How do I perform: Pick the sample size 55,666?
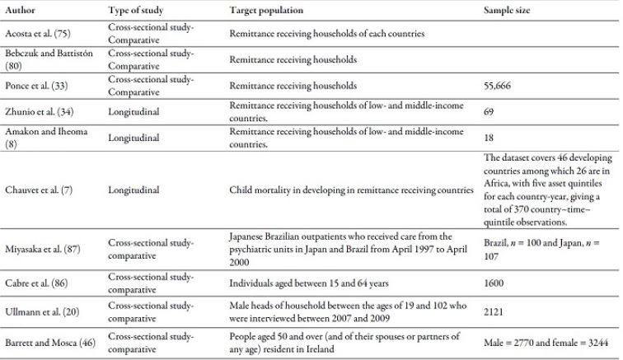click(499, 84)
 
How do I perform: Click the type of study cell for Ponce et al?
click(151, 84)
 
